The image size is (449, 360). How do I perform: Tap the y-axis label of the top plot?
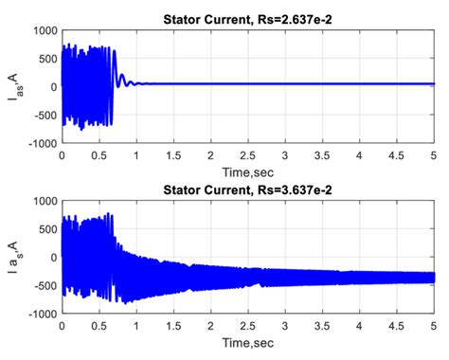(x=12, y=83)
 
